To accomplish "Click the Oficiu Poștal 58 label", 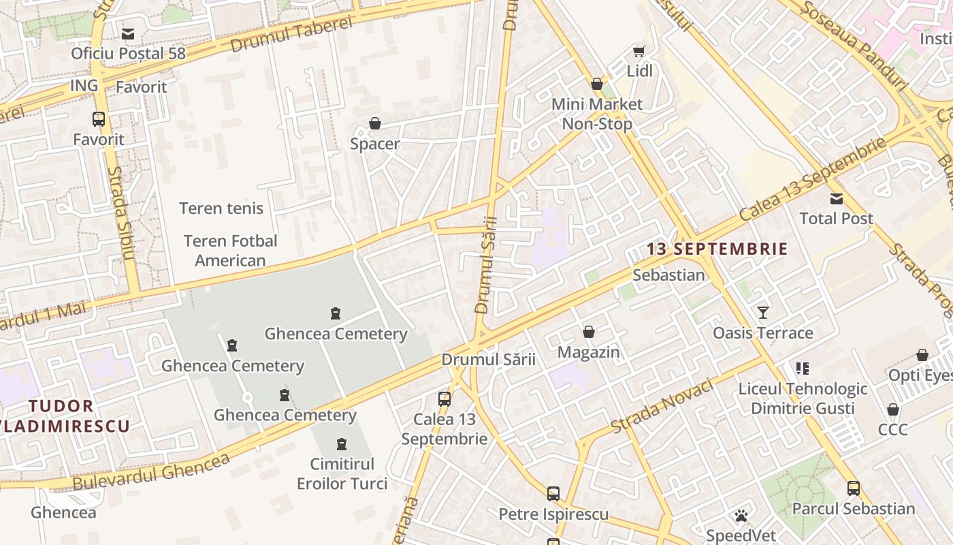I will click(x=128, y=53).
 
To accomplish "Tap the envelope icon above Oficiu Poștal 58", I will click(x=128, y=33).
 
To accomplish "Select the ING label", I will click(x=84, y=85).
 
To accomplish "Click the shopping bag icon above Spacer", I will click(x=374, y=123).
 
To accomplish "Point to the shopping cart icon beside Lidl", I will click(x=639, y=51).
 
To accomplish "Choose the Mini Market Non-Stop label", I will click(x=596, y=114).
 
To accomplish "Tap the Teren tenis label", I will click(x=221, y=208).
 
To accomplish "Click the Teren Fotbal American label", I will click(x=230, y=251).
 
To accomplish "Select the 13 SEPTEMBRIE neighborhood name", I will click(x=717, y=249).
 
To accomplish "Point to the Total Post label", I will click(x=836, y=219).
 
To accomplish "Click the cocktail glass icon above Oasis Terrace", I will click(x=762, y=313).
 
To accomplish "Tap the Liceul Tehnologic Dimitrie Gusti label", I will click(x=803, y=399).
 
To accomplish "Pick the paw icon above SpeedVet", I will click(x=741, y=516).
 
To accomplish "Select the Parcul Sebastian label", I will click(x=853, y=509).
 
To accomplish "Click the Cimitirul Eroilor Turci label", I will click(x=342, y=474).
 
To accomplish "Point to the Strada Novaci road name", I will click(x=662, y=406).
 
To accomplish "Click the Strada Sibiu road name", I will click(x=123, y=213).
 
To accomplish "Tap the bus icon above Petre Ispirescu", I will click(x=553, y=493).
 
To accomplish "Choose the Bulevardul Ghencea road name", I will click(x=151, y=471).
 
